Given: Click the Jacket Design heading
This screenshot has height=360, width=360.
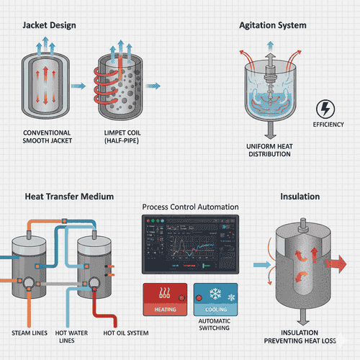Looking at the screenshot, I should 50,25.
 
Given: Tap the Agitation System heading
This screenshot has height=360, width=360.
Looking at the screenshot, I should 273,25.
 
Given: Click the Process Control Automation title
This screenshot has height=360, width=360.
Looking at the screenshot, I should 190,207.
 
